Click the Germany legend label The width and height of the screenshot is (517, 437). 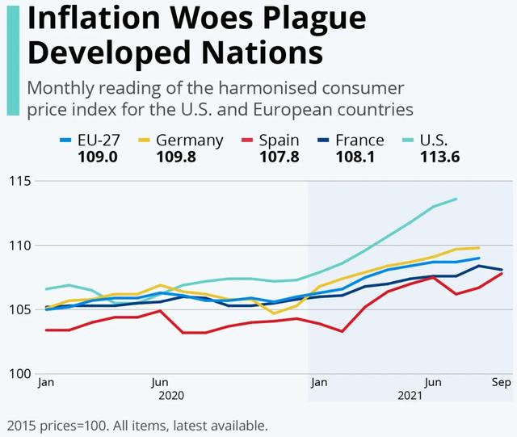pyautogui.click(x=189, y=140)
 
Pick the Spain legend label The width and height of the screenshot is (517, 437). pyautogui.click(x=278, y=140)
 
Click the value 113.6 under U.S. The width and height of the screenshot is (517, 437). pyautogui.click(x=439, y=157)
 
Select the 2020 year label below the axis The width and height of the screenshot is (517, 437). pyautogui.click(x=171, y=396)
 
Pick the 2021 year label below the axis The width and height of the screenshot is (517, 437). pyautogui.click(x=410, y=396)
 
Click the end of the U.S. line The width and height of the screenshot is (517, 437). pyautogui.click(x=456, y=199)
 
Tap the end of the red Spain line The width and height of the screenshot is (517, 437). pyautogui.click(x=502, y=273)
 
